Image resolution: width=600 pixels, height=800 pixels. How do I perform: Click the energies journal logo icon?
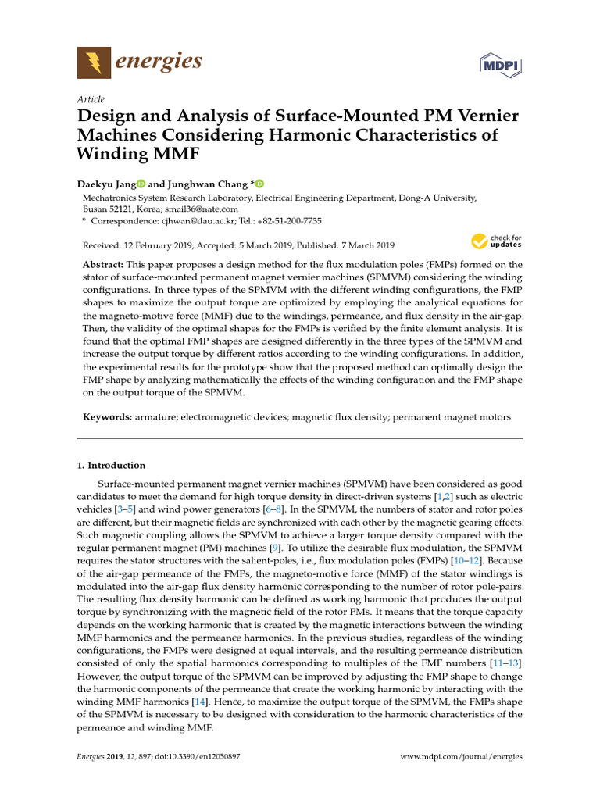point(94,62)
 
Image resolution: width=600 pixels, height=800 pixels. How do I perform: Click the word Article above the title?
point(91,99)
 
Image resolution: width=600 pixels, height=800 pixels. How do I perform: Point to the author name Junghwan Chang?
point(206,184)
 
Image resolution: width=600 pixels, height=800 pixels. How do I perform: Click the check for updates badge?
point(496,241)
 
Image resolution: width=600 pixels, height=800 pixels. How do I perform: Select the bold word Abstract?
point(106,265)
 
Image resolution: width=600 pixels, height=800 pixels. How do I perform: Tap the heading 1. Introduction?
point(111,466)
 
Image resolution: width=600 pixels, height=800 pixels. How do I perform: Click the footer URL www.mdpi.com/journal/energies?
point(461,757)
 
